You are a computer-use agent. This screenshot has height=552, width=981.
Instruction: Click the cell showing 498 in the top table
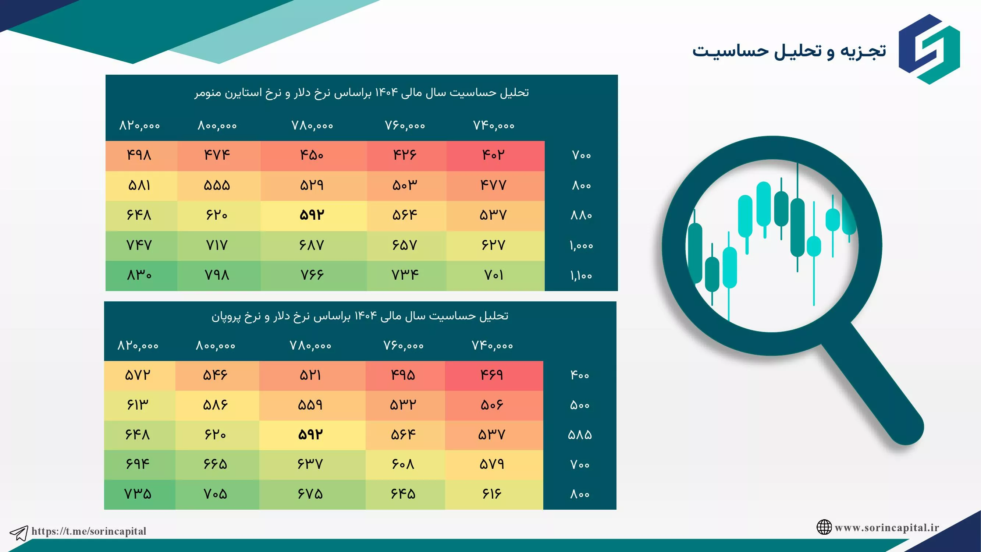(x=139, y=156)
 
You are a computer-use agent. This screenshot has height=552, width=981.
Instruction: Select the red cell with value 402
(x=495, y=156)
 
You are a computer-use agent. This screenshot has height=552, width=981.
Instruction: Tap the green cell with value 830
(x=139, y=275)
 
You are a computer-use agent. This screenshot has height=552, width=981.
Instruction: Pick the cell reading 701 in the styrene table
(x=495, y=275)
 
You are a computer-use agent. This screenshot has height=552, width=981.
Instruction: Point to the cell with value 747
(x=139, y=246)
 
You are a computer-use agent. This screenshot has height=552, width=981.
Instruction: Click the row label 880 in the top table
(x=581, y=216)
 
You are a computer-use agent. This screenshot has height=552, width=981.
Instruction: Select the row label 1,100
(x=581, y=275)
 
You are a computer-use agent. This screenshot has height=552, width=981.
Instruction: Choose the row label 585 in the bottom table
(x=580, y=435)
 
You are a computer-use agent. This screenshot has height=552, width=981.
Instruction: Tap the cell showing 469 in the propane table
(x=494, y=376)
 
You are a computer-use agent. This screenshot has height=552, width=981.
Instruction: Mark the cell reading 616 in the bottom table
(x=494, y=495)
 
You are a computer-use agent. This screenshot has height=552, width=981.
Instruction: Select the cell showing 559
(x=312, y=405)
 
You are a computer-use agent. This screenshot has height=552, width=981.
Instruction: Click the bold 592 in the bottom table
(x=311, y=435)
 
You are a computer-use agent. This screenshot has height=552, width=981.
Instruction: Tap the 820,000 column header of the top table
(x=139, y=125)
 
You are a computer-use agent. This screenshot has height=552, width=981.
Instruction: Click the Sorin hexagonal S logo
(x=929, y=49)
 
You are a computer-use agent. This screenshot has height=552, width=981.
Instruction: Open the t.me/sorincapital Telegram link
(x=89, y=531)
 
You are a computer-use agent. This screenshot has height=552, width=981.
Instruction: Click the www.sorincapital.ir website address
(x=887, y=528)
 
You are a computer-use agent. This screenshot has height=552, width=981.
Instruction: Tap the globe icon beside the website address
(x=824, y=527)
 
